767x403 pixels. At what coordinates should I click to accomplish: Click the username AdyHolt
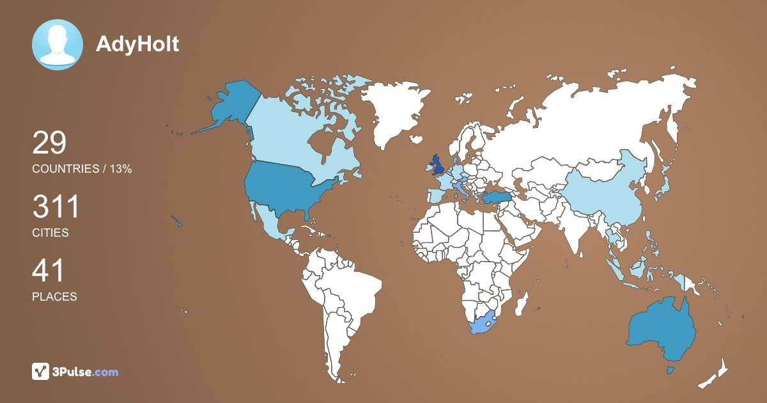[137, 44]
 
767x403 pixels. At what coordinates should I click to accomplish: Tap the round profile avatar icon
[58, 45]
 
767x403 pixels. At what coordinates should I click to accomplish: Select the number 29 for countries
[49, 143]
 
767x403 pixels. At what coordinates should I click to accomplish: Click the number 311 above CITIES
[56, 207]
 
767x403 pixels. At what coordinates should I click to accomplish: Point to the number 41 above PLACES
[49, 271]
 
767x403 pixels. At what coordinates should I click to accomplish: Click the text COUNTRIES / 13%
[82, 169]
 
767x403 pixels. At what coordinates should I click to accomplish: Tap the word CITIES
[50, 233]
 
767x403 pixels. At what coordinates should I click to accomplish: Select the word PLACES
[54, 297]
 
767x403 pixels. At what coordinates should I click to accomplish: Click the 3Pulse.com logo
[75, 372]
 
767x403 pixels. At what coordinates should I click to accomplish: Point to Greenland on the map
[393, 112]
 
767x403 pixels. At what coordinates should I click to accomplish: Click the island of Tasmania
[670, 370]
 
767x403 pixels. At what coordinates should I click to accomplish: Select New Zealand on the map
[716, 374]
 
